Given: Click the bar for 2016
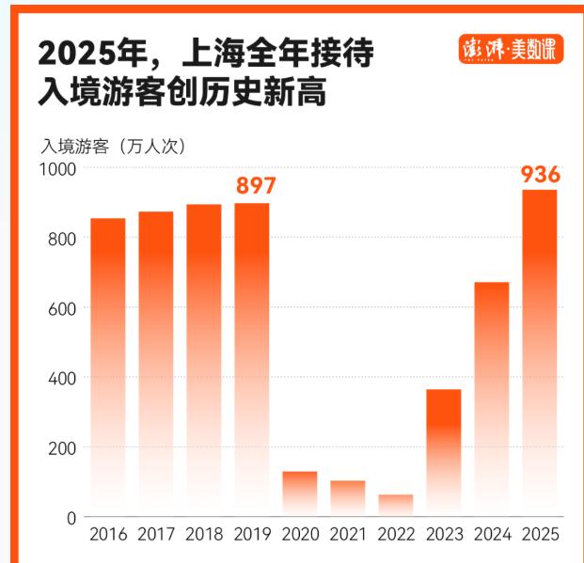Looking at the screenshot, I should tap(107, 367).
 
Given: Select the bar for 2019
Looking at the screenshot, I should tap(251, 359).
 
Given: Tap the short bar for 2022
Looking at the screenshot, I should tap(395, 506).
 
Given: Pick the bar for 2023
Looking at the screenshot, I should tap(443, 452).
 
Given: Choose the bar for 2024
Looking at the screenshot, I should tap(491, 399).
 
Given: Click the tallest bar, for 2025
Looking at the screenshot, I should tap(540, 352).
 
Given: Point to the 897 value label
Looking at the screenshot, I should tap(255, 185).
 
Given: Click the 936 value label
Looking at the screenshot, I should tap(541, 174).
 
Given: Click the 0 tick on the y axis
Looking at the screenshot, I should tap(71, 517).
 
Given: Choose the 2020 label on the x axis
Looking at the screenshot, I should tap(300, 535).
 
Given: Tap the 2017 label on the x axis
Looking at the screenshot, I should tap(156, 535).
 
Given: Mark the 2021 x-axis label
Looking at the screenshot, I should tap(348, 535).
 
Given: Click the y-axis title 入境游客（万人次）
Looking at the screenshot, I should tap(113, 146).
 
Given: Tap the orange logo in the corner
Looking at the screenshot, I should tap(511, 49).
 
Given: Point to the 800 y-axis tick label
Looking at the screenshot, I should tap(61, 238).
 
